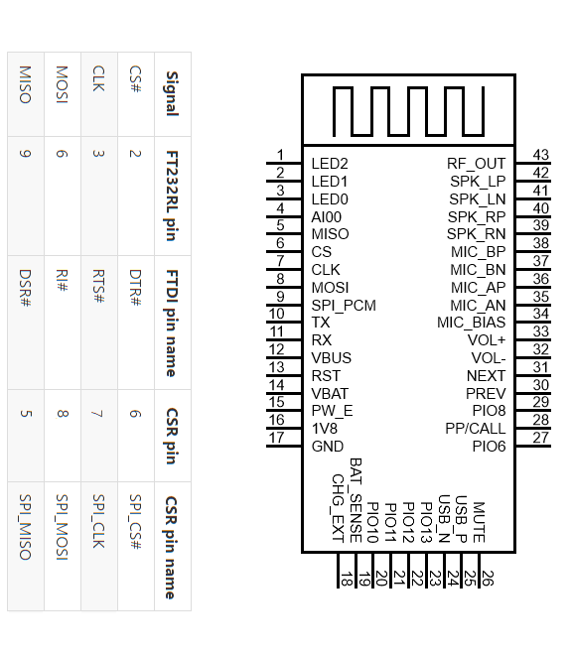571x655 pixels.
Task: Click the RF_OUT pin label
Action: pos(476,164)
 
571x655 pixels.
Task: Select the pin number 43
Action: pos(540,155)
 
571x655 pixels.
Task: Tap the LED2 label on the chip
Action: pos(330,164)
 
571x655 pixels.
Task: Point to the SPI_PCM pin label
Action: pos(344,306)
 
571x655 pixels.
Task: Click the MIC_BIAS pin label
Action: pos(471,323)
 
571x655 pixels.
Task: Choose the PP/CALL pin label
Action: pos(476,429)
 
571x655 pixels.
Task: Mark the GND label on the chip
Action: pos(328,447)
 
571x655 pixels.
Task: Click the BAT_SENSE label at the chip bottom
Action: pos(356,500)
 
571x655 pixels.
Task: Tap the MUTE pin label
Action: pos(479,522)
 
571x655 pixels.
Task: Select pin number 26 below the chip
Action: pos(488,579)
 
